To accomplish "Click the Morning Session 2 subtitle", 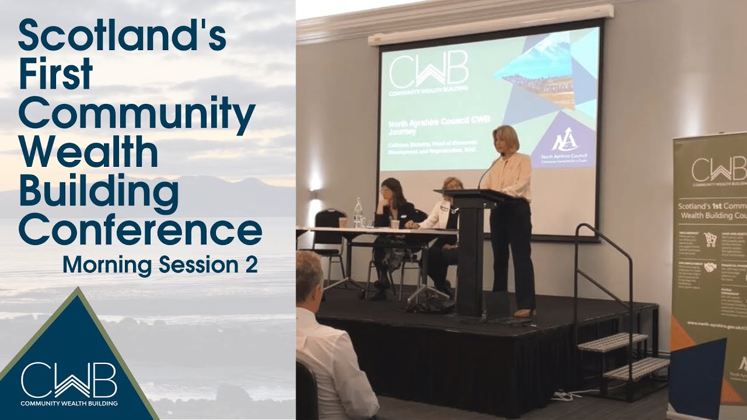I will click(x=160, y=265).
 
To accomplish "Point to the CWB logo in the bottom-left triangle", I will click(x=69, y=381).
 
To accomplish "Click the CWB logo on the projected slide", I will click(x=428, y=73).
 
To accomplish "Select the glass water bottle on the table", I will click(x=358, y=213).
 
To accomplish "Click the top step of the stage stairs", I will click(x=612, y=342).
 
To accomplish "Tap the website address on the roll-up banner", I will click(x=715, y=323).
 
